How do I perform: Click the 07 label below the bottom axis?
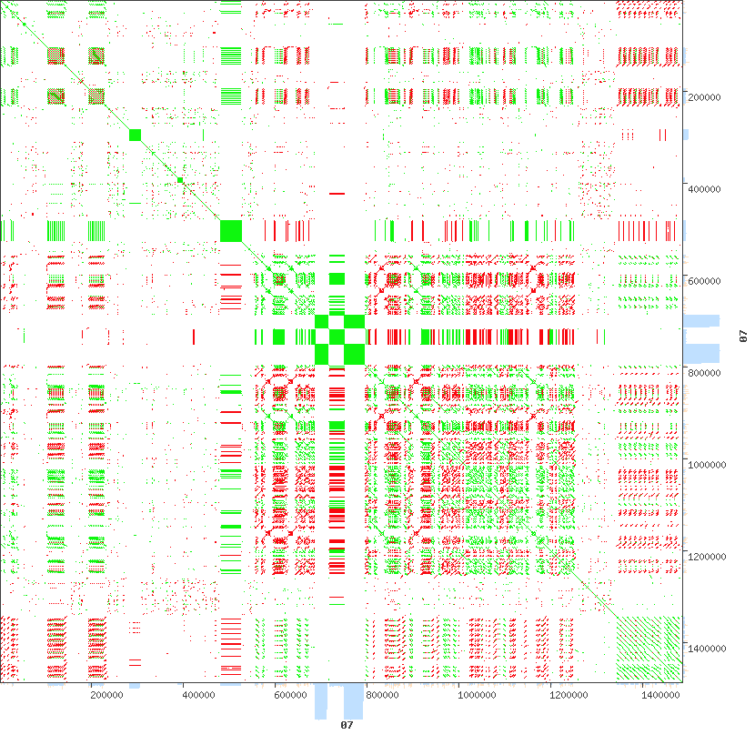347,725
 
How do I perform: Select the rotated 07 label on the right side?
742,337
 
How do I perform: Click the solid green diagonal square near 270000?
136,136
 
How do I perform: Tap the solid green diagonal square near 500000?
231,231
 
